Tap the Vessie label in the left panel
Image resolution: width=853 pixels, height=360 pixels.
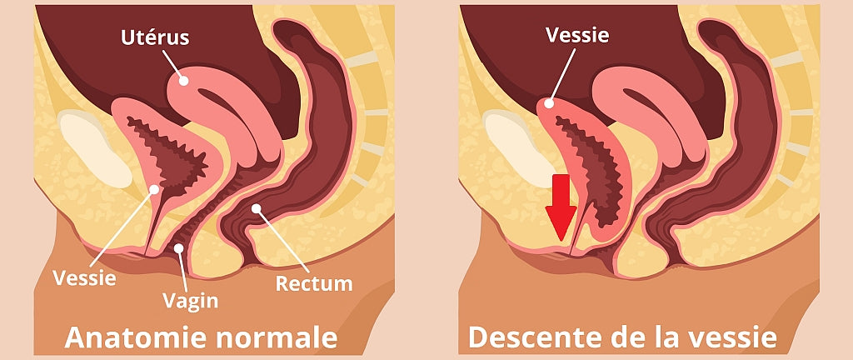click(x=84, y=278)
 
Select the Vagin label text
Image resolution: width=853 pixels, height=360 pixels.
click(x=192, y=298)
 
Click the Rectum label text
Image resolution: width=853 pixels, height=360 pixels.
click(x=314, y=283)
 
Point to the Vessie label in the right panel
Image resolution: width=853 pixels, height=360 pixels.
click(x=577, y=34)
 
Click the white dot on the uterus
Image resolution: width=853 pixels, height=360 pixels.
click(x=182, y=79)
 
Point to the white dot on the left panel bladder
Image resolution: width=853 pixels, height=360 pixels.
click(x=153, y=190)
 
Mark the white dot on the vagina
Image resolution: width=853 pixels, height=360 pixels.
click(x=179, y=248)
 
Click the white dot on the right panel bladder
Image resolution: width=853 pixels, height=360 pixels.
click(x=546, y=104)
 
